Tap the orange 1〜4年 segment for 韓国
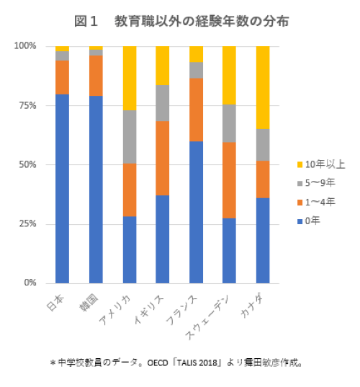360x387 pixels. [96, 76]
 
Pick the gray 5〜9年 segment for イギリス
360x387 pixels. [163, 103]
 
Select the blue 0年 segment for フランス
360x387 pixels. [196, 212]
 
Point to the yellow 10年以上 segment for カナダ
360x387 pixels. [263, 87]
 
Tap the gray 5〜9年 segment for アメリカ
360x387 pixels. [130, 137]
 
